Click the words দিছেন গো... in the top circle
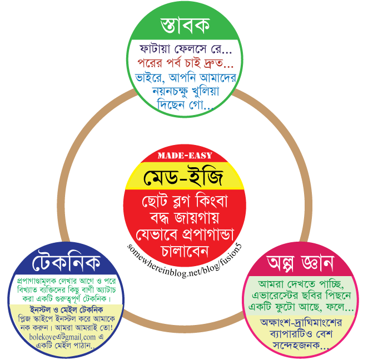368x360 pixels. point(184,104)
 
